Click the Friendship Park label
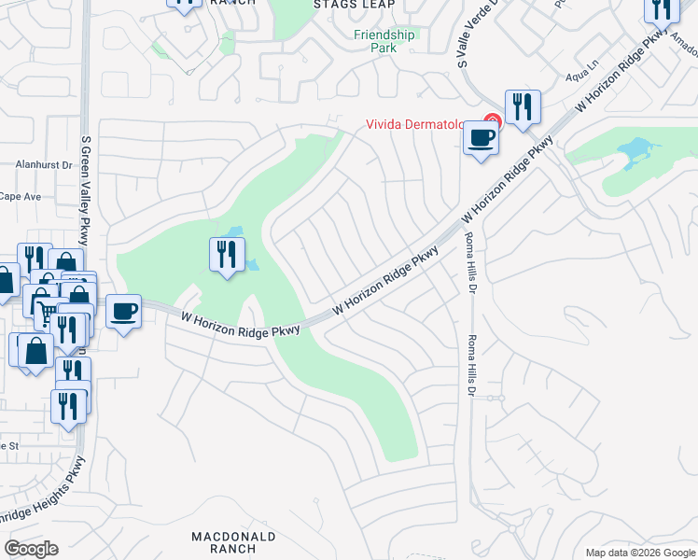pyautogui.click(x=384, y=41)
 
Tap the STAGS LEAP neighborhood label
pyautogui.click(x=354, y=5)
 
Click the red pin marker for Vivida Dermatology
pyautogui.click(x=493, y=121)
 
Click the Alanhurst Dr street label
pyautogui.click(x=44, y=164)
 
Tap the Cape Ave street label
pyautogui.click(x=21, y=196)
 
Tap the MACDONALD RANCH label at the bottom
pyautogui.click(x=233, y=542)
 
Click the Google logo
pyautogui.click(x=31, y=549)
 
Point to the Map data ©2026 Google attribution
pyautogui.click(x=640, y=553)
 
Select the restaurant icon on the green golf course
pyautogui.click(x=227, y=254)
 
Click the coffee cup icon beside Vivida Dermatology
pyautogui.click(x=481, y=138)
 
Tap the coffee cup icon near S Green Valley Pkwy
pyautogui.click(x=123, y=311)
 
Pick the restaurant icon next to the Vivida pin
pyautogui.click(x=522, y=107)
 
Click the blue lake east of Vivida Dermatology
pyautogui.click(x=635, y=149)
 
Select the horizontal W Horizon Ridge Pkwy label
pyautogui.click(x=240, y=326)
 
